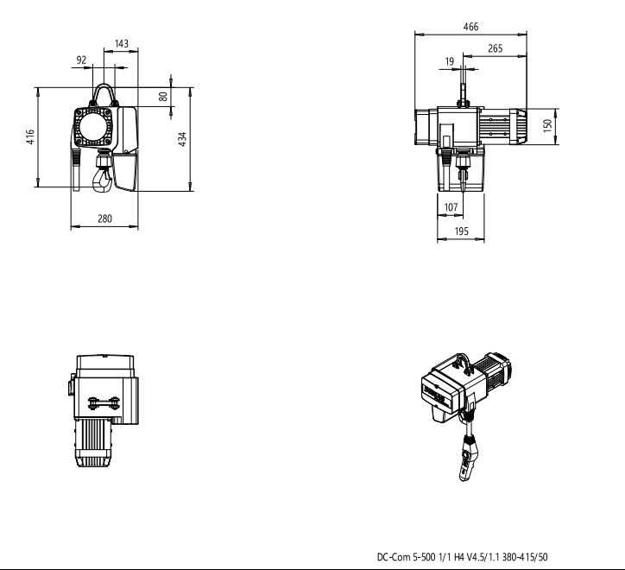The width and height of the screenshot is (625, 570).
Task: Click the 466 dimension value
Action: point(470,27)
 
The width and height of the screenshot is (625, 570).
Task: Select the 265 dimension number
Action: point(495,48)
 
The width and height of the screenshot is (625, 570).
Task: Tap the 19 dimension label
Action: point(450,61)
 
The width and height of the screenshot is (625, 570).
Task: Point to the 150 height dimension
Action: point(547,125)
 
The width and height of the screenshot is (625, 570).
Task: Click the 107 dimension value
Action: point(451,207)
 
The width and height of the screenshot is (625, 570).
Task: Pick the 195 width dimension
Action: point(462,231)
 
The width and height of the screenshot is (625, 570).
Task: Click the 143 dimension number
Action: point(122,43)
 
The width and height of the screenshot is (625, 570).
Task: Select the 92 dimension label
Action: point(81,60)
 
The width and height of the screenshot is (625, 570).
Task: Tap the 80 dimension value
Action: point(163,97)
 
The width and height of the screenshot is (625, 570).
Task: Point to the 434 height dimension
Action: point(182,139)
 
